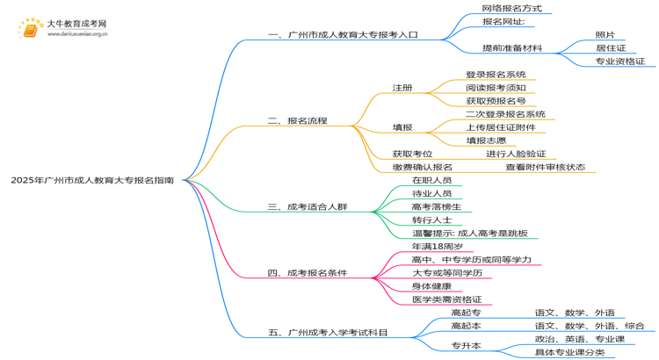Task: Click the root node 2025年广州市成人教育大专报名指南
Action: pyautogui.click(x=91, y=179)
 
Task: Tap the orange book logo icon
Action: pyautogui.click(x=29, y=30)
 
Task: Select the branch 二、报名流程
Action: pyautogui.click(x=297, y=120)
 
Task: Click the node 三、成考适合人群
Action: pyautogui.click(x=308, y=207)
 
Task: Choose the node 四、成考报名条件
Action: pyautogui.click(x=308, y=273)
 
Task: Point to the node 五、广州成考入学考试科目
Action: pyautogui.click(x=328, y=333)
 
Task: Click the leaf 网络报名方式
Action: pyautogui.click(x=511, y=8)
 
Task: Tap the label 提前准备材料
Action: pyautogui.click(x=512, y=48)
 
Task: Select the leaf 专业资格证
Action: pyautogui.click(x=619, y=61)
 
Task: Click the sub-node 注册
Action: pyautogui.click(x=402, y=88)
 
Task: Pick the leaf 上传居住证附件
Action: pyautogui.click(x=500, y=127)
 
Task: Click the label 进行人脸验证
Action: pyautogui.click(x=516, y=154)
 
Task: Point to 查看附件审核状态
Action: pyautogui.click(x=545, y=167)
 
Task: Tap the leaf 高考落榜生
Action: pyautogui.click(x=437, y=206)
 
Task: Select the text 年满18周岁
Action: pyautogui.click(x=438, y=247)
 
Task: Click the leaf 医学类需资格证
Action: pyautogui.click(x=446, y=299)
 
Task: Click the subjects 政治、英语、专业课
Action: pyautogui.click(x=579, y=339)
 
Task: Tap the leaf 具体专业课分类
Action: pyautogui.click(x=569, y=352)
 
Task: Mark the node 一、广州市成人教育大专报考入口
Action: pyautogui.click(x=343, y=35)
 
